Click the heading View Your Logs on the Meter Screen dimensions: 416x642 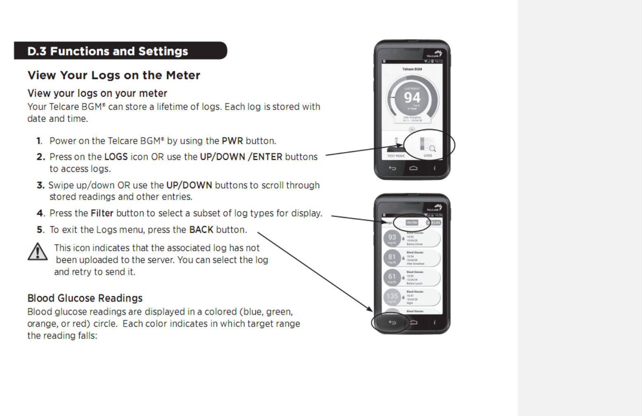pos(113,75)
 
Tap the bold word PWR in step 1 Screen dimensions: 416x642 pos(232,141)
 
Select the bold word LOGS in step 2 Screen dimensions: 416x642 pos(116,157)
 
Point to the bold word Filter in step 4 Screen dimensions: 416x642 pos(102,213)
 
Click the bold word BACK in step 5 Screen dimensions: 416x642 pos(201,230)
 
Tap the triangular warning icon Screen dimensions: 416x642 pos(38,252)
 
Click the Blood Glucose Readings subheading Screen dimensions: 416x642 pos(85,298)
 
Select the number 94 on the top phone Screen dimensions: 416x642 pos(412,98)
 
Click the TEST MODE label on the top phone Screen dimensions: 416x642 pos(396,156)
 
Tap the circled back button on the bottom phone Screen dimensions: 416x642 pos(392,322)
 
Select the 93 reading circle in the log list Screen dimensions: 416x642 pos(392,238)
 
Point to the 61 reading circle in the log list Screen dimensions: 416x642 pos(392,277)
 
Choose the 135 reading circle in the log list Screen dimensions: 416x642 pos(392,296)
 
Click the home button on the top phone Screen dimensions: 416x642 pos(413,168)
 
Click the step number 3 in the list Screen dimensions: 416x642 pos(40,185)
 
